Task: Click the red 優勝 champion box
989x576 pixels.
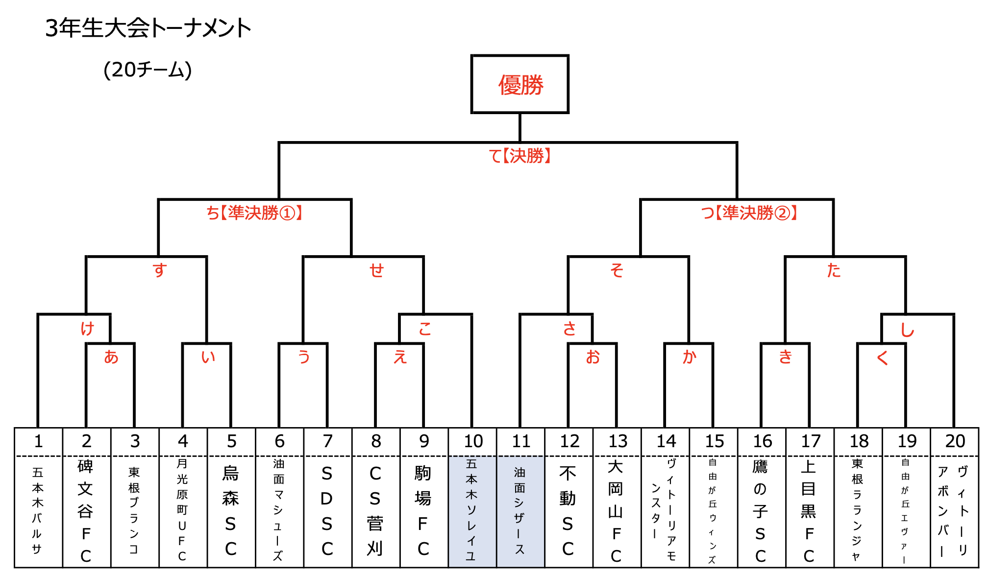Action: coord(519,84)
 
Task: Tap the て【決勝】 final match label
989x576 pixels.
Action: coord(520,156)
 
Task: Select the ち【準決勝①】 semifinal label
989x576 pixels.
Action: coord(254,213)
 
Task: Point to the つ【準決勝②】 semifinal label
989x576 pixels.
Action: coord(749,213)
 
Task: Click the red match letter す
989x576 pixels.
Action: coord(160,270)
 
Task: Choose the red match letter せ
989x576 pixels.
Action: coord(376,270)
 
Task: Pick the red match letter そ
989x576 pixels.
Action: coord(617,270)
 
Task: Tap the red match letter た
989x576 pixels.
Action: coord(834,270)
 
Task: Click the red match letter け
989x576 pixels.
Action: coord(87,328)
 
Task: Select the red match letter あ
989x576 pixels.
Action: coord(111,357)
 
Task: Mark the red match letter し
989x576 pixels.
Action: coord(907,330)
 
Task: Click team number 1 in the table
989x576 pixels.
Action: coord(38,441)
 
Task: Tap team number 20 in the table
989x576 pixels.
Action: coord(955,441)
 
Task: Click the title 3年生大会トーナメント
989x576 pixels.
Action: coord(148,28)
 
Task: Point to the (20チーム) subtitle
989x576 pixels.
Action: coord(148,70)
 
